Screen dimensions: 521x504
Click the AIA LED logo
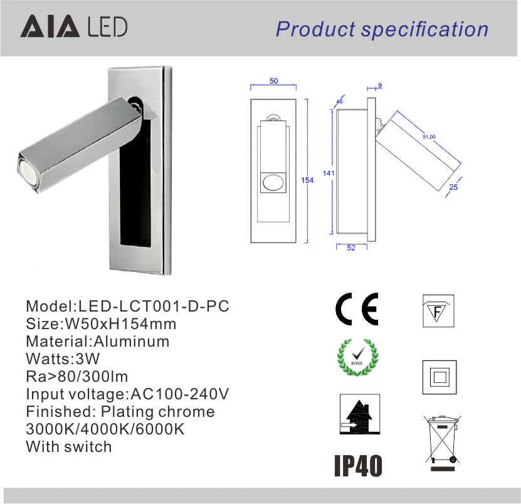coord(74,26)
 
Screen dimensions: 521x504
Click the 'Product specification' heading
coord(382,29)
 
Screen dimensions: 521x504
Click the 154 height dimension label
coord(307,180)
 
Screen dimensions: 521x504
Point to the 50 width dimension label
coord(274,81)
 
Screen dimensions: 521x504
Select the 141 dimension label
coord(329,173)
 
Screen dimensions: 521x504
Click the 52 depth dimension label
coord(351,248)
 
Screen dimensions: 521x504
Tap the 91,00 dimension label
coord(429,137)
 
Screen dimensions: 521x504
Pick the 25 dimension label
coord(453,187)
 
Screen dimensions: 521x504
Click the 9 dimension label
coord(380,85)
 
